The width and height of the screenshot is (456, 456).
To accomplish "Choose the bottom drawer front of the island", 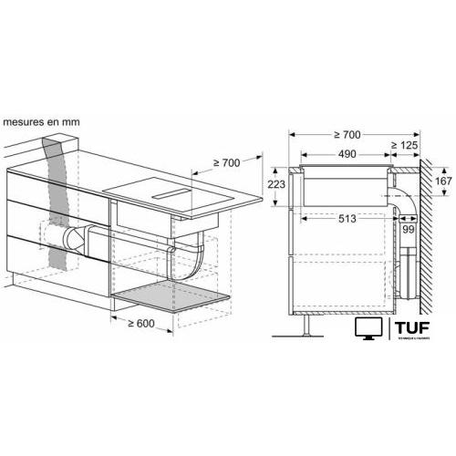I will click(x=55, y=258).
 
